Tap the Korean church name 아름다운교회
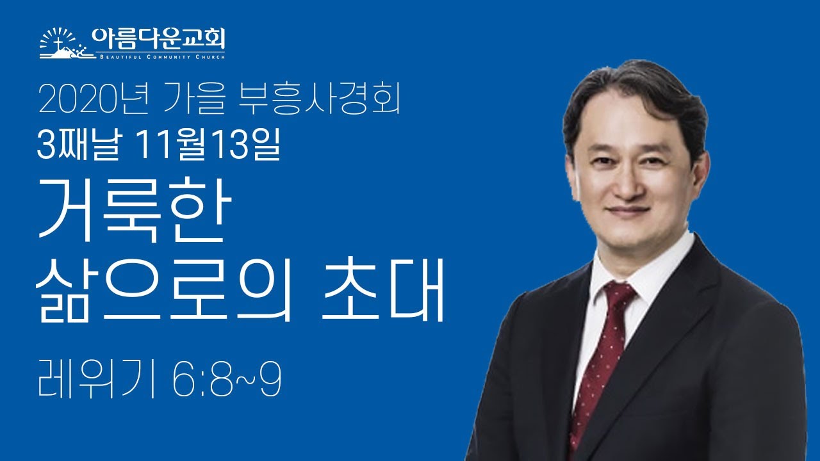tap(158, 38)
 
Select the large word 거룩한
tap(132, 213)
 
